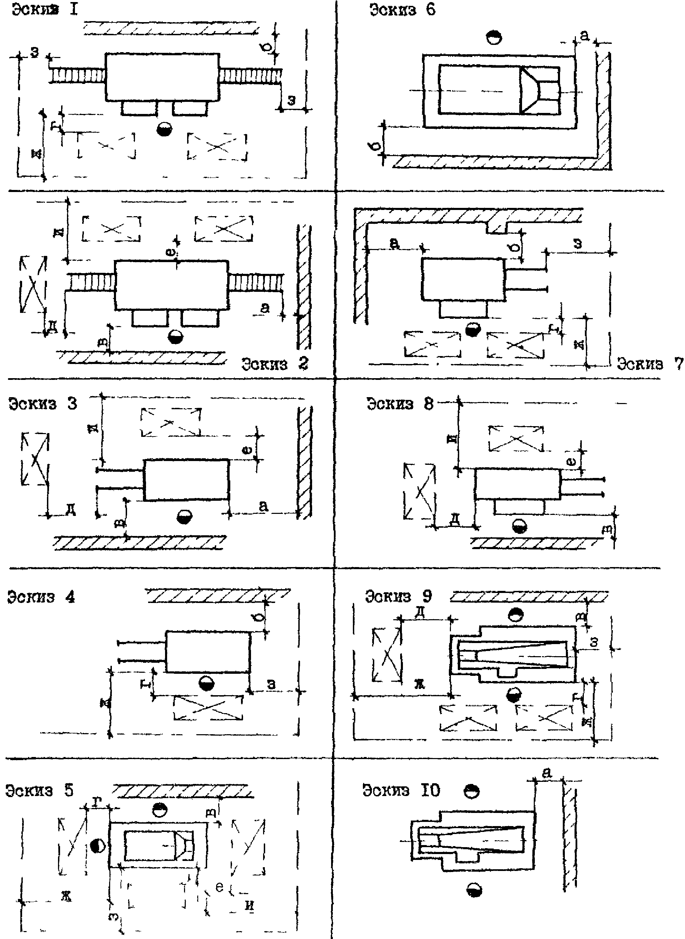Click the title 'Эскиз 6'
[402, 10]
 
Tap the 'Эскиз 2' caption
[275, 364]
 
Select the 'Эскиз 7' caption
[649, 364]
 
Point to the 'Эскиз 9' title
[398, 596]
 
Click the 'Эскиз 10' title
[401, 791]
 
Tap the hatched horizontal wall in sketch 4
[218, 596]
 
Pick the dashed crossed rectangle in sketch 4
[208, 708]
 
